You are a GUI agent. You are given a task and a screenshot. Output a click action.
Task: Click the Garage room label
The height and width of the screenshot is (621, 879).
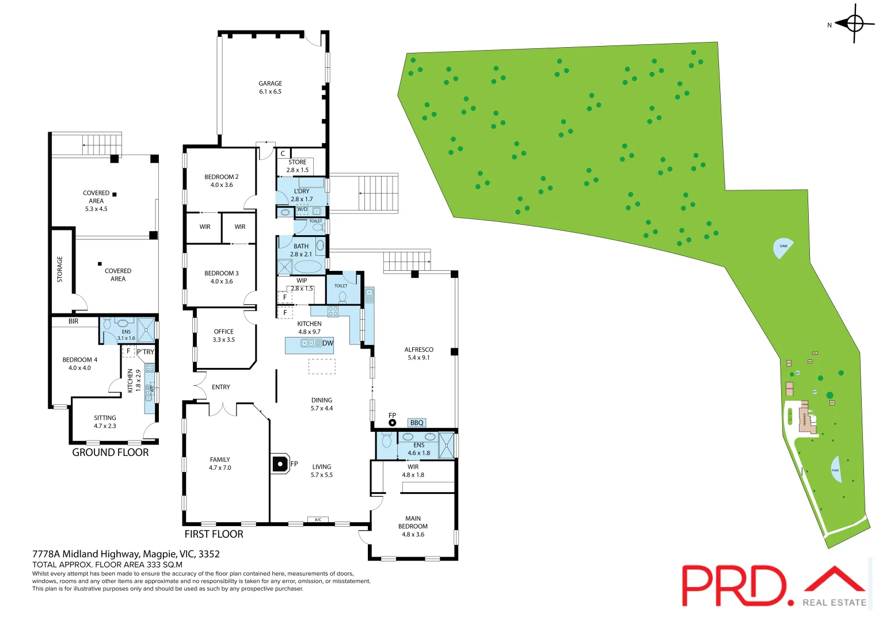[x=270, y=87]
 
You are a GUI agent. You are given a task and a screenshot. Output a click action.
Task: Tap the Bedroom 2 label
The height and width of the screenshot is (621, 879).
[x=222, y=181]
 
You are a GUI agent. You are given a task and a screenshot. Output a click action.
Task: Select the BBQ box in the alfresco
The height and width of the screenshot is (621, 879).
[x=417, y=423]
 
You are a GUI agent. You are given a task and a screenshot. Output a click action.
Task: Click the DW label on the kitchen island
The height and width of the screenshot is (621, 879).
[x=328, y=343]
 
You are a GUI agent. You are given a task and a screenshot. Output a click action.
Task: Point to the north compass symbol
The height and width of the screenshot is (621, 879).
[x=854, y=24]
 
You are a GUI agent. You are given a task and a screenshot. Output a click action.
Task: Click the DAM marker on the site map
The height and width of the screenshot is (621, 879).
[x=782, y=247]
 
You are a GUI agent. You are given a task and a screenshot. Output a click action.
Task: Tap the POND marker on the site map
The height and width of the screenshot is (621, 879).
[x=836, y=469]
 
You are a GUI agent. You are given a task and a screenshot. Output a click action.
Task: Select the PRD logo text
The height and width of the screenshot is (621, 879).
[x=733, y=585]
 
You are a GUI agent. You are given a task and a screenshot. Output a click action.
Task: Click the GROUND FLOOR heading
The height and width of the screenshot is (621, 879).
[x=111, y=453]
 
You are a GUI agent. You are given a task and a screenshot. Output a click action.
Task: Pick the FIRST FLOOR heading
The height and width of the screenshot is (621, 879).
[x=214, y=534]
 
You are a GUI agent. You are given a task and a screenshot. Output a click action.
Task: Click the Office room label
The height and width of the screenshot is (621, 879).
[x=224, y=335]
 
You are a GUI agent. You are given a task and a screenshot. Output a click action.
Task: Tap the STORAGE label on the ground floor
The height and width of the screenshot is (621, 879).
[x=60, y=269]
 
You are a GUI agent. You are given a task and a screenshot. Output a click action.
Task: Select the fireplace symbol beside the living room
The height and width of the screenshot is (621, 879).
[x=280, y=463]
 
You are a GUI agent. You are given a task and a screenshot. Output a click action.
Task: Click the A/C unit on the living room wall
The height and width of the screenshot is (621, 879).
[x=318, y=520]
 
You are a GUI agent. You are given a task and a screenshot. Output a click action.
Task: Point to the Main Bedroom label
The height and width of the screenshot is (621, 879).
[x=413, y=526]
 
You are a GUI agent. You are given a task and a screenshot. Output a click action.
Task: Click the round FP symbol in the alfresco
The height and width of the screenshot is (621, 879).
[x=393, y=423]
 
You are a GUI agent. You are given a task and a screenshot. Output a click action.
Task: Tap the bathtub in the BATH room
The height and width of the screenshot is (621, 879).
[x=308, y=267]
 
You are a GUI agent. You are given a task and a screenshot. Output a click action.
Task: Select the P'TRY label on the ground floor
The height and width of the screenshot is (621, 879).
[x=146, y=352]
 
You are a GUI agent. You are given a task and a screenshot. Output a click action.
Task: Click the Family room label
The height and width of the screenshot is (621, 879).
[x=220, y=463]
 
